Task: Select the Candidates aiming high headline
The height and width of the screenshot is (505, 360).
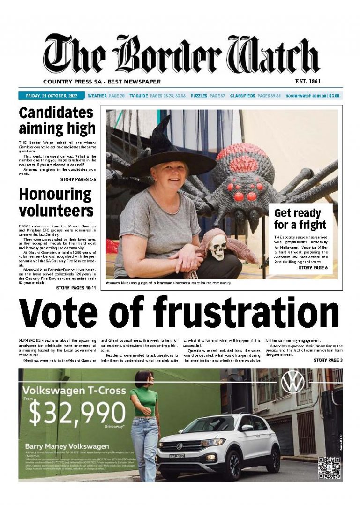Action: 57,121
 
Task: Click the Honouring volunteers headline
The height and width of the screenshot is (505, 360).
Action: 56,202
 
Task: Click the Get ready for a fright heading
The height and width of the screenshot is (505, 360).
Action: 300,219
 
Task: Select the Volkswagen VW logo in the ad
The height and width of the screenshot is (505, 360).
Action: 292,382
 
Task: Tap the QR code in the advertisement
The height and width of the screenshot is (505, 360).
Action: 330,466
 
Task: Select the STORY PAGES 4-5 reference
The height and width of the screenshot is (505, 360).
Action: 78,179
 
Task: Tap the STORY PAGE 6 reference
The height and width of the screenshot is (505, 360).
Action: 313,268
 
